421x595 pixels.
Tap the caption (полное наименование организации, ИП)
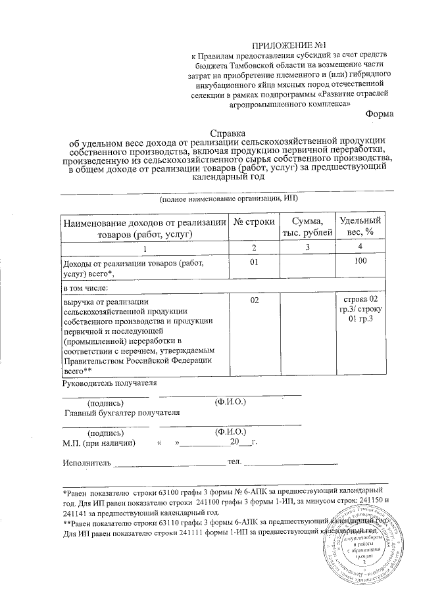click(x=228, y=198)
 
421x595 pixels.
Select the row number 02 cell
click(x=255, y=300)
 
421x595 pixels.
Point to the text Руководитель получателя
click(x=109, y=383)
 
